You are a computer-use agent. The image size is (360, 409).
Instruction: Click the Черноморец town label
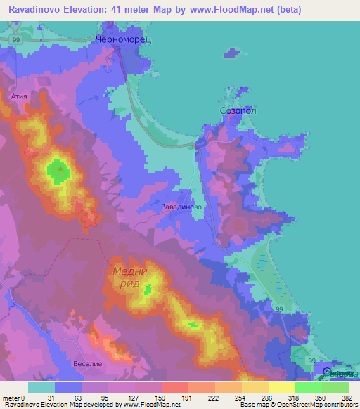123,41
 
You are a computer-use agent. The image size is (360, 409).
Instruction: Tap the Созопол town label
233,111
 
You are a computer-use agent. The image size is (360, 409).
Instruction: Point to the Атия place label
18,92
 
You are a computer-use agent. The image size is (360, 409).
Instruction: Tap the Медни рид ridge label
129,278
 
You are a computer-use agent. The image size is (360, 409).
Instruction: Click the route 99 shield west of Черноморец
15,41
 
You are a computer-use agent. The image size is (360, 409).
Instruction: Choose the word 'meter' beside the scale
12,397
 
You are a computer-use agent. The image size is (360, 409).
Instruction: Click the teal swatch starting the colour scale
41,387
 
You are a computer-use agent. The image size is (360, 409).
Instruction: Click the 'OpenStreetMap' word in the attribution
296,405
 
